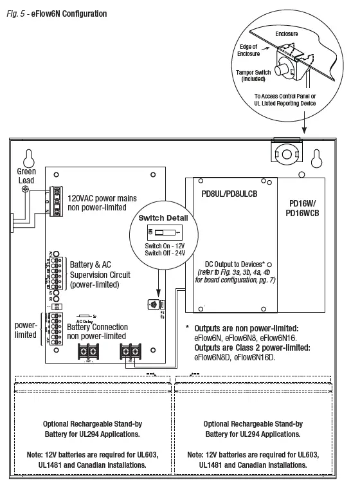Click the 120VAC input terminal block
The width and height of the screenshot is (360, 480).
(x=57, y=201)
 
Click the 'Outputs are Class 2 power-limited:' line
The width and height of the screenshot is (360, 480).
(x=248, y=348)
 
